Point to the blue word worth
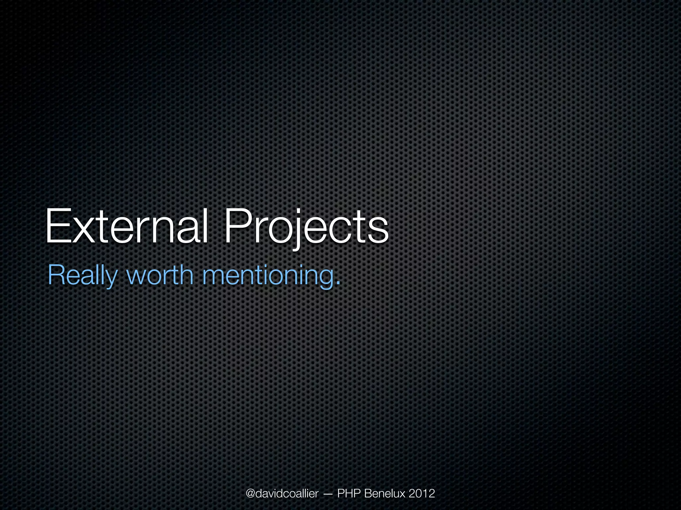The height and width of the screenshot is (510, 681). tap(160, 275)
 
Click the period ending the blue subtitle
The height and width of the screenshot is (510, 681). tap(338, 283)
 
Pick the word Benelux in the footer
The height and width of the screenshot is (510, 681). tap(385, 493)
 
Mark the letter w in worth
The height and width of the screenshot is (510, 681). tap(137, 276)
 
